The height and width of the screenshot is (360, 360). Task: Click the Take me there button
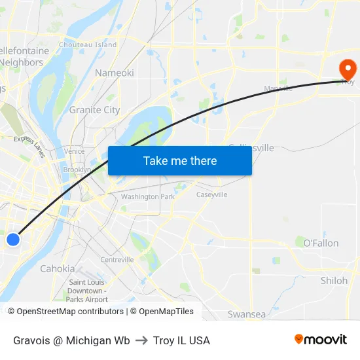click(180, 160)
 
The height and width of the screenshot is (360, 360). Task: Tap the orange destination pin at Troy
click(347, 69)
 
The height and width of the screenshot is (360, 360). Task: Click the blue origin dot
click(13, 240)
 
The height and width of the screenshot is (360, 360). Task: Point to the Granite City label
click(94, 110)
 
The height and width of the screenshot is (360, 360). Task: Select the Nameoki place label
click(115, 73)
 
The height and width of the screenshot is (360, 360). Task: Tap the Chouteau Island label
click(88, 45)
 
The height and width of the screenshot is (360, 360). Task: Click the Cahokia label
click(58, 268)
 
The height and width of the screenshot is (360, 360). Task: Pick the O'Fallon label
click(321, 243)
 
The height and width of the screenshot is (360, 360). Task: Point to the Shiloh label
click(334, 280)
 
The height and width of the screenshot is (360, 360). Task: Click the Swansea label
click(247, 314)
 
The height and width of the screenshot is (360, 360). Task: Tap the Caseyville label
click(211, 194)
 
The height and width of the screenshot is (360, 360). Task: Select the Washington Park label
click(147, 196)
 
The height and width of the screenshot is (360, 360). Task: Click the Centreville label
click(117, 259)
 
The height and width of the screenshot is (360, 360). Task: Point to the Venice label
click(75, 151)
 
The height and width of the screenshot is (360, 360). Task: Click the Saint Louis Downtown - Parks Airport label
click(88, 291)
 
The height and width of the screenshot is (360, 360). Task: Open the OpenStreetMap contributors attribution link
click(70, 312)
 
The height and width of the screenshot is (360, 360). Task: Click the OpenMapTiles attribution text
click(166, 312)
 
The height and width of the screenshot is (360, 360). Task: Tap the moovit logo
click(320, 340)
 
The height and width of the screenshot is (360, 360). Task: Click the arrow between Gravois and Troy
click(141, 340)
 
